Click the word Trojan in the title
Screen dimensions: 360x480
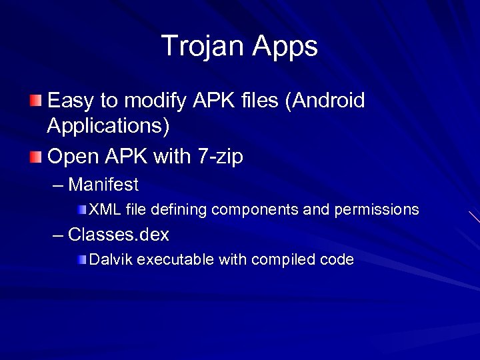(x=202, y=46)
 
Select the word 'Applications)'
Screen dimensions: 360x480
(x=109, y=125)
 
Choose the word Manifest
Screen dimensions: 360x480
(x=103, y=183)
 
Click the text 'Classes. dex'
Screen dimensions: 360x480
(x=118, y=235)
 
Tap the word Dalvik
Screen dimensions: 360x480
(x=111, y=260)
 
